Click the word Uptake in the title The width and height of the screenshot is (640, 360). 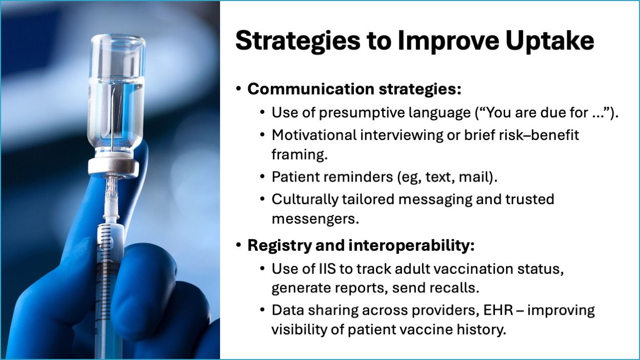tap(550, 42)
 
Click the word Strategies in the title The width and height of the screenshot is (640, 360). tap(298, 42)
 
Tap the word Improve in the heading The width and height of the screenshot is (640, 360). tap(448, 42)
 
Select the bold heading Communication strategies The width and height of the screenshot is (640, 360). tap(354, 89)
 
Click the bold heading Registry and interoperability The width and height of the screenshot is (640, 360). tap(361, 246)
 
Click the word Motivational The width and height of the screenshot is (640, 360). tap(314, 135)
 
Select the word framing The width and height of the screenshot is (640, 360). tap(299, 155)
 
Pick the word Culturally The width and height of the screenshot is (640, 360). tap(305, 199)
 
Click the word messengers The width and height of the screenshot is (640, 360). tap(315, 219)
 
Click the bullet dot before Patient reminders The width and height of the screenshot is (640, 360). tap(263, 177)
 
